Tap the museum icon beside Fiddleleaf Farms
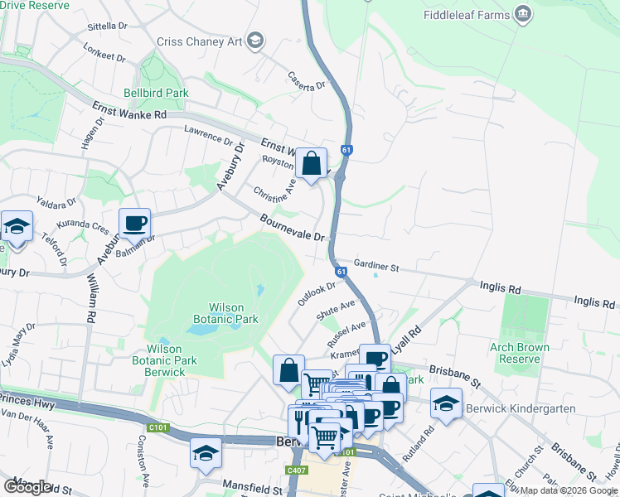(x=522, y=14)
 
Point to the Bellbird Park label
(x=156, y=93)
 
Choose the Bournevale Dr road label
(x=292, y=228)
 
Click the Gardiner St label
(x=376, y=267)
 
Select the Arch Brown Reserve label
(x=526, y=353)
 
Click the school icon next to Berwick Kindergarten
(x=446, y=403)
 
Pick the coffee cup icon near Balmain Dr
(x=134, y=223)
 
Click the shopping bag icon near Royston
(x=312, y=163)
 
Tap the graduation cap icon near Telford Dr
(x=17, y=227)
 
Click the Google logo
(x=28, y=486)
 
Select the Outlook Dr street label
(x=317, y=293)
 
